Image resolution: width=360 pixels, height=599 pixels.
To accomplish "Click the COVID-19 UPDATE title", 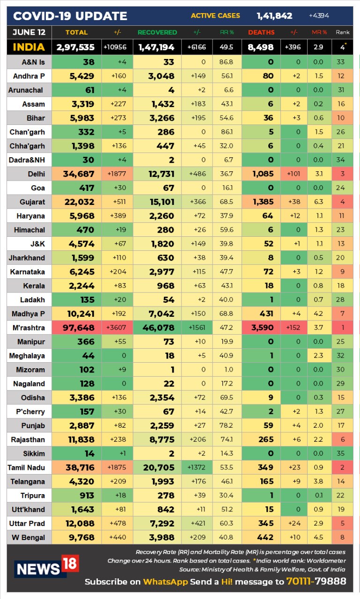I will pos(70,16).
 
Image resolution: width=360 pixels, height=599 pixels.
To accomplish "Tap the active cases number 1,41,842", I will pos(274,16).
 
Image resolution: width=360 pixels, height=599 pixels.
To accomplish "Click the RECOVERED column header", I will pos(157,32).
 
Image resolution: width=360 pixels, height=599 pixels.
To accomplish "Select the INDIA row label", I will pos(29,47).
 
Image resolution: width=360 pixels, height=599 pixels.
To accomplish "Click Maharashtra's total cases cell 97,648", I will pos(76,328).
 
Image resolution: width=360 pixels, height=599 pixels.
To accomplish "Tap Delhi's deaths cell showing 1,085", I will pos(262,174).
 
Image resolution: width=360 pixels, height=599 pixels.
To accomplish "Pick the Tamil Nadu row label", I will pos(27,468).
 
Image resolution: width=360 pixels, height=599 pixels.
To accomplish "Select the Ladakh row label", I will pos(33,300).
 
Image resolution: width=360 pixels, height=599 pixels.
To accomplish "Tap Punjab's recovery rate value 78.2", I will pos(227,426).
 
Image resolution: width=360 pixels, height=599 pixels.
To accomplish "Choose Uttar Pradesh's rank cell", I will pos(341,524).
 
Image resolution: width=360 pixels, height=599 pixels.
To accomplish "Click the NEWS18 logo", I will pos(46,567).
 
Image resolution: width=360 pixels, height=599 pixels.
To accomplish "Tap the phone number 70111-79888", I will pos(316,582).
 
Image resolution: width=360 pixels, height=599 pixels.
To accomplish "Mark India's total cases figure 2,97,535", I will pos(75,47).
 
